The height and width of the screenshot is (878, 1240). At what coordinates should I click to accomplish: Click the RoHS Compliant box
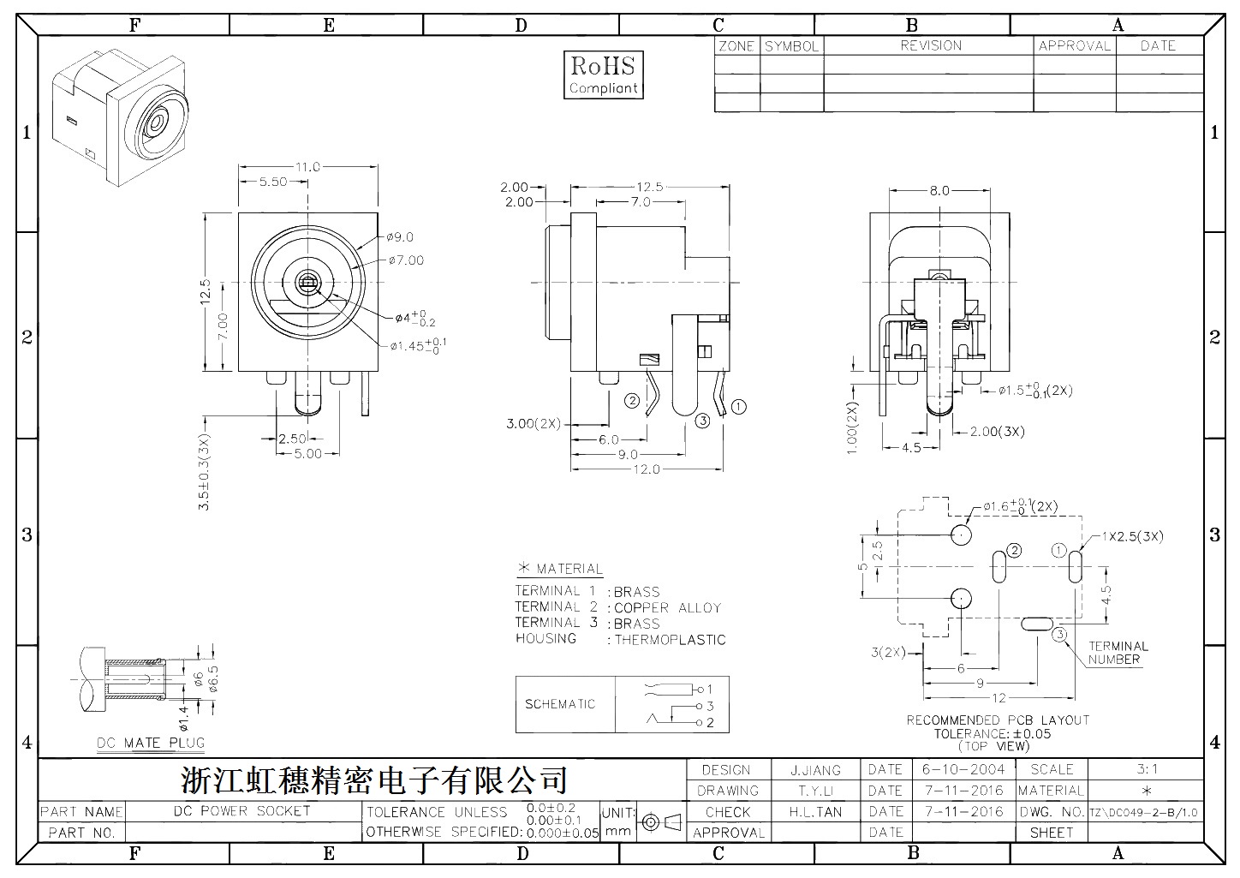[604, 75]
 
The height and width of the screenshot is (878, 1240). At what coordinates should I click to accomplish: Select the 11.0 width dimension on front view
[307, 167]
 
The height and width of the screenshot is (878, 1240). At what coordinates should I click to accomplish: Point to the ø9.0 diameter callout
[400, 237]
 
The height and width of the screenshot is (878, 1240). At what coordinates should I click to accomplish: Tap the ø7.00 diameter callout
[406, 260]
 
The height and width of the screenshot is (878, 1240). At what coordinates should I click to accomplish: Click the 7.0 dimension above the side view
[641, 202]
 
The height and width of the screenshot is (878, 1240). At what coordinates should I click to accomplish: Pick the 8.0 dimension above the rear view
[939, 191]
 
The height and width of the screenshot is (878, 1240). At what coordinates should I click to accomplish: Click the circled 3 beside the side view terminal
[702, 421]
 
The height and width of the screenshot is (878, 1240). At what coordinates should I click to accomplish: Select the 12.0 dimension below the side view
[647, 469]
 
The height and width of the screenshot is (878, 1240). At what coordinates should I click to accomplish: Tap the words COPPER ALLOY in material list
[668, 608]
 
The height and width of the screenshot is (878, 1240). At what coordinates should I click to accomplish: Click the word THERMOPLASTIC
[671, 640]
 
